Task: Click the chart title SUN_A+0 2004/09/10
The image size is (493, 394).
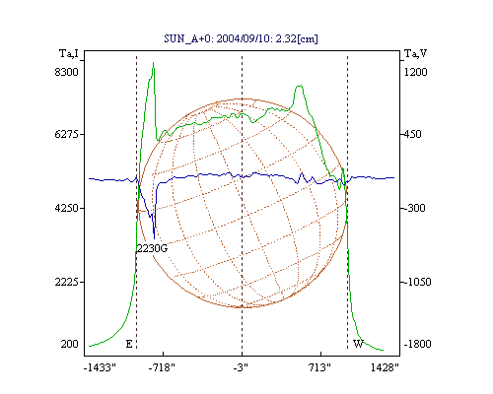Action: pyautogui.click(x=241, y=38)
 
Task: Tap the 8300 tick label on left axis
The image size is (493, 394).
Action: pyautogui.click(x=67, y=72)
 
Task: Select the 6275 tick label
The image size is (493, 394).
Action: pyautogui.click(x=67, y=134)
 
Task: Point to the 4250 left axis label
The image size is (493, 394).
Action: pyautogui.click(x=67, y=208)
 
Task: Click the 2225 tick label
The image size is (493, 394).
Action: pyautogui.click(x=67, y=282)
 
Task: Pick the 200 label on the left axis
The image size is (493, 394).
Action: pyautogui.click(x=69, y=344)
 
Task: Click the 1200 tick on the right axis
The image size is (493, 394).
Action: pyautogui.click(x=415, y=72)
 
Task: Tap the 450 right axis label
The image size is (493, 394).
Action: pyautogui.click(x=412, y=134)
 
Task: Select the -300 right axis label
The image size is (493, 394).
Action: pyautogui.click(x=415, y=208)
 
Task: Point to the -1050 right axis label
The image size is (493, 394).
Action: pyautogui.click(x=417, y=282)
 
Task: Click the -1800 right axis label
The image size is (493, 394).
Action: pyautogui.click(x=417, y=344)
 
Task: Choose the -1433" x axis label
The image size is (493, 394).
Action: pyautogui.click(x=100, y=367)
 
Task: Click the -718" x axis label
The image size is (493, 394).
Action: pyautogui.click(x=162, y=367)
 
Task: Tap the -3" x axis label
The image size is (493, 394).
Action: pyautogui.click(x=241, y=367)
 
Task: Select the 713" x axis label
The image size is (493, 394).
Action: pyautogui.click(x=319, y=367)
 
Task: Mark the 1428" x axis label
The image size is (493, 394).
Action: pyautogui.click(x=385, y=367)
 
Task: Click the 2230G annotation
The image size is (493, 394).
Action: pyautogui.click(x=152, y=248)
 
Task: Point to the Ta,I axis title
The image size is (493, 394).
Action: pyautogui.click(x=69, y=53)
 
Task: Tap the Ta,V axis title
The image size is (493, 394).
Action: pyautogui.click(x=415, y=53)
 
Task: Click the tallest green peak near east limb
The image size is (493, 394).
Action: pyautogui.click(x=153, y=62)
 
